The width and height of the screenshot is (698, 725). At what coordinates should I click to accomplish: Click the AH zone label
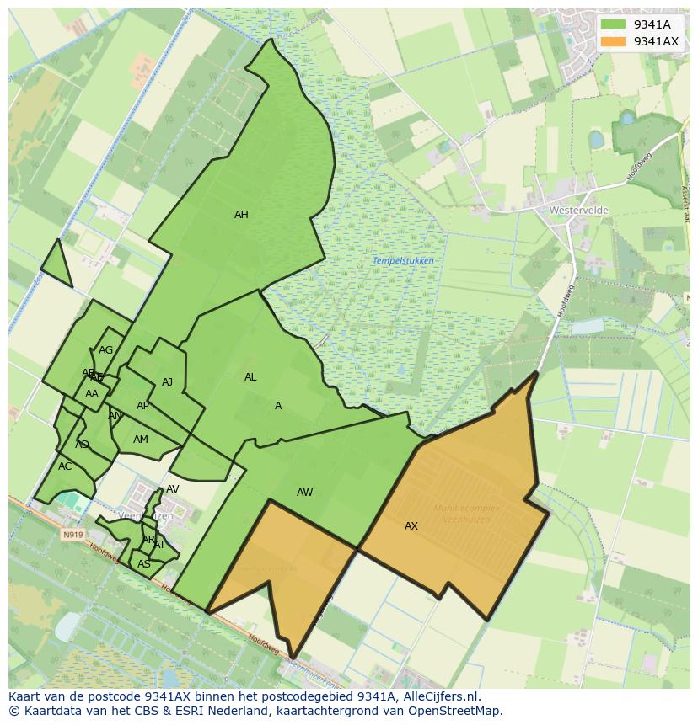tap(241, 215)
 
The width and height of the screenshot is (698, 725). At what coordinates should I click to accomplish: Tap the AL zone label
tap(250, 377)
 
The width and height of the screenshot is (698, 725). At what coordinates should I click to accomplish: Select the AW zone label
tap(304, 493)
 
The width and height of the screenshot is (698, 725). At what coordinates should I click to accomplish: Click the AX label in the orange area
tap(411, 526)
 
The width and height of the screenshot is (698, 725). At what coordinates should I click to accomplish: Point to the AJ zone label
tap(167, 382)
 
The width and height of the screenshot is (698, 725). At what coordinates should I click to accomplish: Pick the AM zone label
tap(141, 440)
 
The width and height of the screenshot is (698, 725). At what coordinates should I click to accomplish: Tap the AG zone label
tap(105, 350)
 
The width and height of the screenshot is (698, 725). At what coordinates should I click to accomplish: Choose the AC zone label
tap(65, 466)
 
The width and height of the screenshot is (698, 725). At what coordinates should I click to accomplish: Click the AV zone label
tap(172, 489)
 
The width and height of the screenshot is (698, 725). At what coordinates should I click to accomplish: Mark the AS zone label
tap(144, 564)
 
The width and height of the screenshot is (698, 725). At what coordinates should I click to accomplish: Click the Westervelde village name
tap(578, 210)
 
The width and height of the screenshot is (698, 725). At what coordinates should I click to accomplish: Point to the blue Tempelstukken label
tap(403, 261)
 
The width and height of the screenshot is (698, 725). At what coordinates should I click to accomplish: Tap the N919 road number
tap(72, 534)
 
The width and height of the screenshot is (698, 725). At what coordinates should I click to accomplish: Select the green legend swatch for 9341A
tap(614, 24)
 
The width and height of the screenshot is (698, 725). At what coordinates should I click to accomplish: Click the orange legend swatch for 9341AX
tap(614, 41)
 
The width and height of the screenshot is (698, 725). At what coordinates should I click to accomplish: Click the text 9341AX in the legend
tap(656, 41)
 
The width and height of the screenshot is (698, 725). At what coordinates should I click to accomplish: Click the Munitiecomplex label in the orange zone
tap(466, 509)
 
